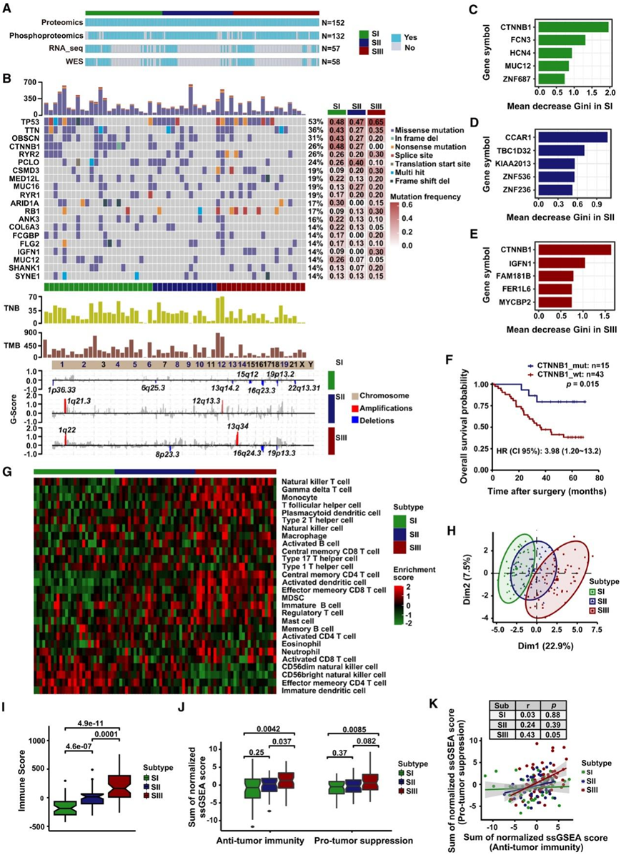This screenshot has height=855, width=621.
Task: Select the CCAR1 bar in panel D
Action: pyautogui.click(x=572, y=137)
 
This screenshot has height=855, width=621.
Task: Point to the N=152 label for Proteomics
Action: pyautogui.click(x=334, y=21)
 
